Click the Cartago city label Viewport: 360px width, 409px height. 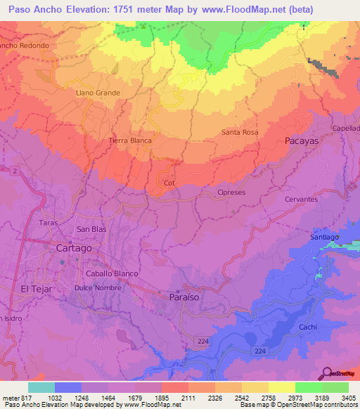click(73, 248)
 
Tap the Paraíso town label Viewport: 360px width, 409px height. click(185, 297)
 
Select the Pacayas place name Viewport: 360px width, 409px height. click(302, 141)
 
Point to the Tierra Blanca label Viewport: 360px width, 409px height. click(130, 141)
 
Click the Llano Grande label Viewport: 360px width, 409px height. click(98, 93)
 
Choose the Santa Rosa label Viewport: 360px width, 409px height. click(240, 132)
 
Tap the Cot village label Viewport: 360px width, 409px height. click(169, 183)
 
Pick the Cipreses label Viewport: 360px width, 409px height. click(231, 192)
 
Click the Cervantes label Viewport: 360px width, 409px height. click(301, 199)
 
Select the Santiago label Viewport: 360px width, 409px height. click(325, 238)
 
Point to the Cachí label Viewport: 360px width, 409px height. click(307, 327)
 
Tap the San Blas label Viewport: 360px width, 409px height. click(91, 229)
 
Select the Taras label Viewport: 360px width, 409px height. click(48, 222)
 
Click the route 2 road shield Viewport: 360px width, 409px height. click(13, 171)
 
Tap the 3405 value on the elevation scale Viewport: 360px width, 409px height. click(348, 398)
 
